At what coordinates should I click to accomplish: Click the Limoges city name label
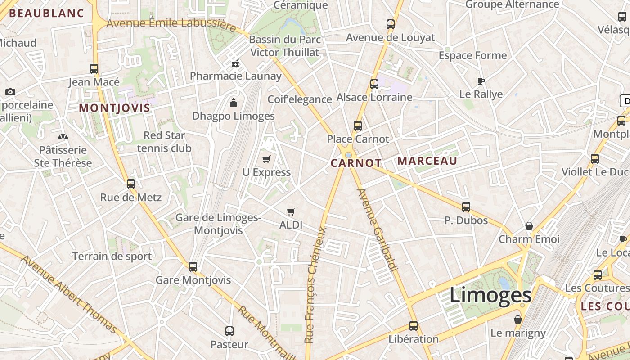490,296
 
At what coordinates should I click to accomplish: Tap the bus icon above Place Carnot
358,126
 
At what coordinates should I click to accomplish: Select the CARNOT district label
356,163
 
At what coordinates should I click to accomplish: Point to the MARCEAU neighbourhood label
427,161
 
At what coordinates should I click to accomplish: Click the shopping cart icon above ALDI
291,211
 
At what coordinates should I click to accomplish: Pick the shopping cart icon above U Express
266,159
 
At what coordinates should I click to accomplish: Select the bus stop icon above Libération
414,326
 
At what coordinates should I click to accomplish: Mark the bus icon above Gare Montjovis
193,267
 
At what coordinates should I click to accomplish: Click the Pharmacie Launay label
235,76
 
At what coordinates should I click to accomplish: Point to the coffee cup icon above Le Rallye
481,81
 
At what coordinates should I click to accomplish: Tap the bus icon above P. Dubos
466,207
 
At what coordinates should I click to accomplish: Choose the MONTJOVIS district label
114,108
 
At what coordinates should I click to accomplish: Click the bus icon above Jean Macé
94,69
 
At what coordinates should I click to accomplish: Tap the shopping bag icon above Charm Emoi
529,226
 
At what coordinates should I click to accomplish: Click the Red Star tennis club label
164,142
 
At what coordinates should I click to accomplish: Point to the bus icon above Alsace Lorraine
374,84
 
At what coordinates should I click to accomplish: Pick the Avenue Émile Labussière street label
171,23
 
